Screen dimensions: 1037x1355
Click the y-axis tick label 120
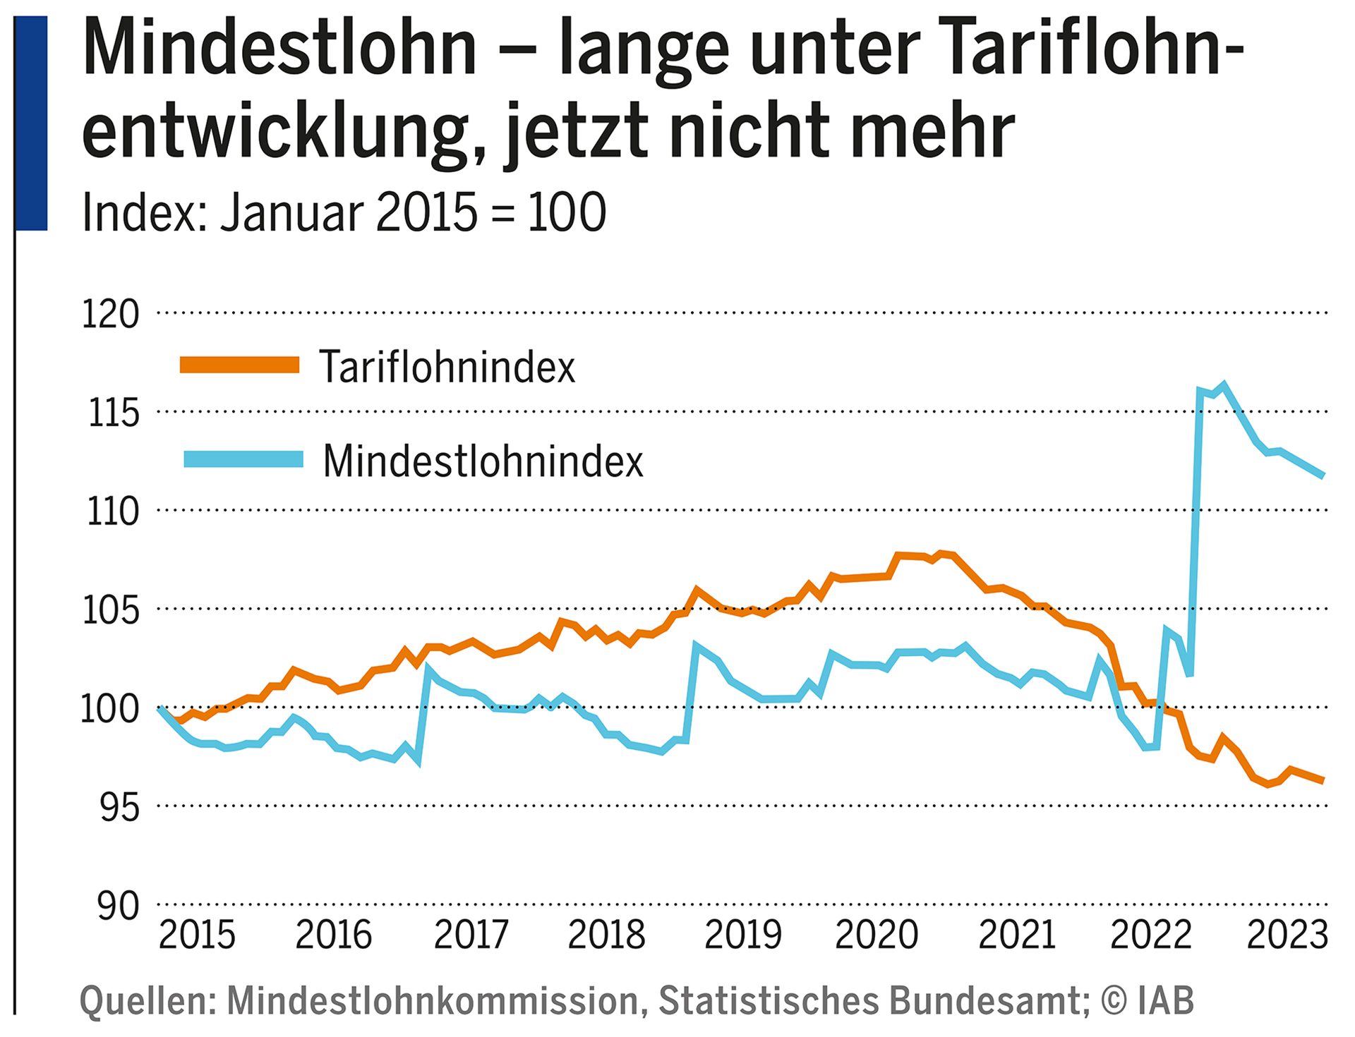tap(111, 315)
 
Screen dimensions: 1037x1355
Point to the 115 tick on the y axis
tap(113, 413)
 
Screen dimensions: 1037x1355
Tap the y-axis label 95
tap(119, 808)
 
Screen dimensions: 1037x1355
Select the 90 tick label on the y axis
tap(119, 906)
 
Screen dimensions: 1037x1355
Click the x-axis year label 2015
tap(197, 935)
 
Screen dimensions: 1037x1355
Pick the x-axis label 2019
tap(742, 935)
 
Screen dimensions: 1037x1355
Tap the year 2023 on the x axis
tap(1287, 935)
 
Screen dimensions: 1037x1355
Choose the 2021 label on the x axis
tap(1016, 935)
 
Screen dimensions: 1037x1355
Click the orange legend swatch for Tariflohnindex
tap(240, 365)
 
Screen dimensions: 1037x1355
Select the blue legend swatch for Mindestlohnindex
tap(243, 459)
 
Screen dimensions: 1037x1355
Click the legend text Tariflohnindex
tap(447, 368)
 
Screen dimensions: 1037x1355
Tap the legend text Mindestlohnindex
tap(483, 462)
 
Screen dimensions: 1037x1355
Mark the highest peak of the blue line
tap(1224, 384)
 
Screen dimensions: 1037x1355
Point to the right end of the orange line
tap(1323, 780)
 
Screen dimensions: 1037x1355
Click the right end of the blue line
tap(1323, 475)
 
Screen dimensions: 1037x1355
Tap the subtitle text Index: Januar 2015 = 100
tap(344, 212)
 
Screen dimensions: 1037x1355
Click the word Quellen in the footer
tap(147, 1001)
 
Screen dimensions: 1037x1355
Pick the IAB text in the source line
tap(1165, 1001)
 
